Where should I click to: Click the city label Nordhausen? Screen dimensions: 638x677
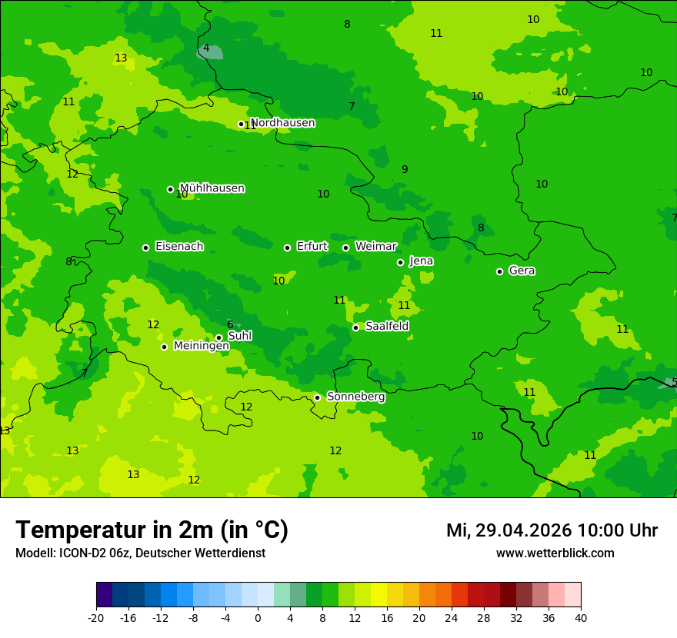click(282, 123)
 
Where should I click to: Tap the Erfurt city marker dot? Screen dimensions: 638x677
click(287, 248)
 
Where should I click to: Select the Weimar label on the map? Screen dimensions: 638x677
click(375, 247)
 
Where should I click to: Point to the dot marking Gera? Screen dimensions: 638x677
click(499, 271)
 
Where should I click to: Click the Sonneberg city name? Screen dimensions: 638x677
click(355, 397)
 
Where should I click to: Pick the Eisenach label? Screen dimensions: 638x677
click(179, 247)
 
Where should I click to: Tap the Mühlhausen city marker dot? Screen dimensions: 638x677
click(170, 189)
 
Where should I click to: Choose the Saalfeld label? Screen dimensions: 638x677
click(387, 327)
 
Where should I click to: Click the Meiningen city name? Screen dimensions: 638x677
click(201, 347)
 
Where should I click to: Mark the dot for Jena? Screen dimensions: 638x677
click(400, 262)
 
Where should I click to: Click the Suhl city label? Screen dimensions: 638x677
click(239, 336)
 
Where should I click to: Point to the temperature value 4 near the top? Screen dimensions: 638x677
click(205, 48)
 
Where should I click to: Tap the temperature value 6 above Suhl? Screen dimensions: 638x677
click(230, 324)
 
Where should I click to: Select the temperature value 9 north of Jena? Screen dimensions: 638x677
click(405, 170)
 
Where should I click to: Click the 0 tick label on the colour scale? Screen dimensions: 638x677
click(258, 618)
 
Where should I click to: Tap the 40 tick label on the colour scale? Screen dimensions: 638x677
click(580, 618)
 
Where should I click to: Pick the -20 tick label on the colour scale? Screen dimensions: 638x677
click(95, 618)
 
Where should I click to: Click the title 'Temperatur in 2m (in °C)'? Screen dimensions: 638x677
click(152, 530)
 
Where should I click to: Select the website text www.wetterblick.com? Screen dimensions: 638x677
click(555, 553)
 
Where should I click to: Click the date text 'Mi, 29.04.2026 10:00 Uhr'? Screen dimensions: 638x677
click(552, 530)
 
